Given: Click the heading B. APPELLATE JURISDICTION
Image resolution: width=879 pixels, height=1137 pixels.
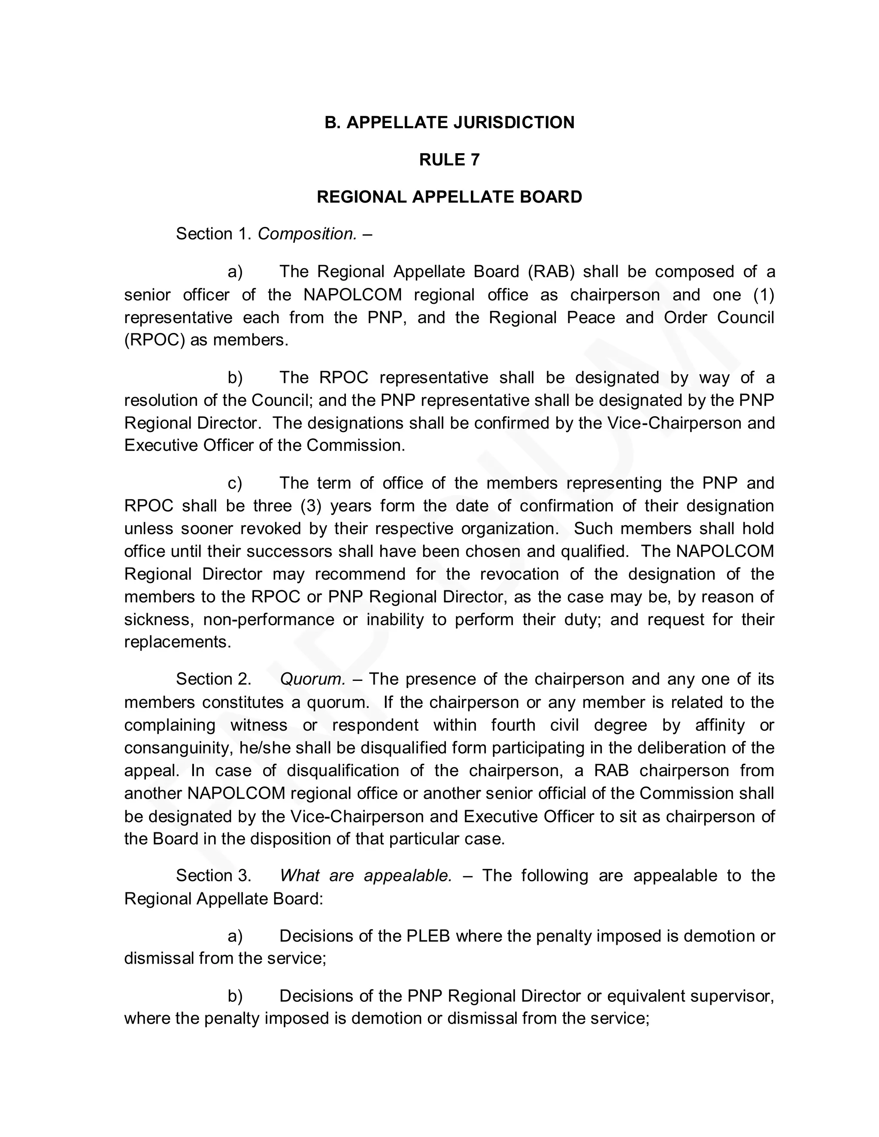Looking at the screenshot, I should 449,122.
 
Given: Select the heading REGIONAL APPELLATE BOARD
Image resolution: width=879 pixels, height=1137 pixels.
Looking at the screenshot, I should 449,197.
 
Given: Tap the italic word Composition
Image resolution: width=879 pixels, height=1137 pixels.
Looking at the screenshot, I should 307,234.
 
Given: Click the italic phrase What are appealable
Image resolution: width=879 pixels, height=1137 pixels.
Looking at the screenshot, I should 366,875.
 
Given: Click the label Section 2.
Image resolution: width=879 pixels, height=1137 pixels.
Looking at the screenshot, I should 213,679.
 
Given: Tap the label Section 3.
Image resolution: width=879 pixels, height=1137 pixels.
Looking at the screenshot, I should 213,875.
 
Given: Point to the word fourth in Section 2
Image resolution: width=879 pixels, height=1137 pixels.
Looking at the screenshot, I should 513,725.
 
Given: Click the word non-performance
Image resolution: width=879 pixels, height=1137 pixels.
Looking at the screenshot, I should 269,619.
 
